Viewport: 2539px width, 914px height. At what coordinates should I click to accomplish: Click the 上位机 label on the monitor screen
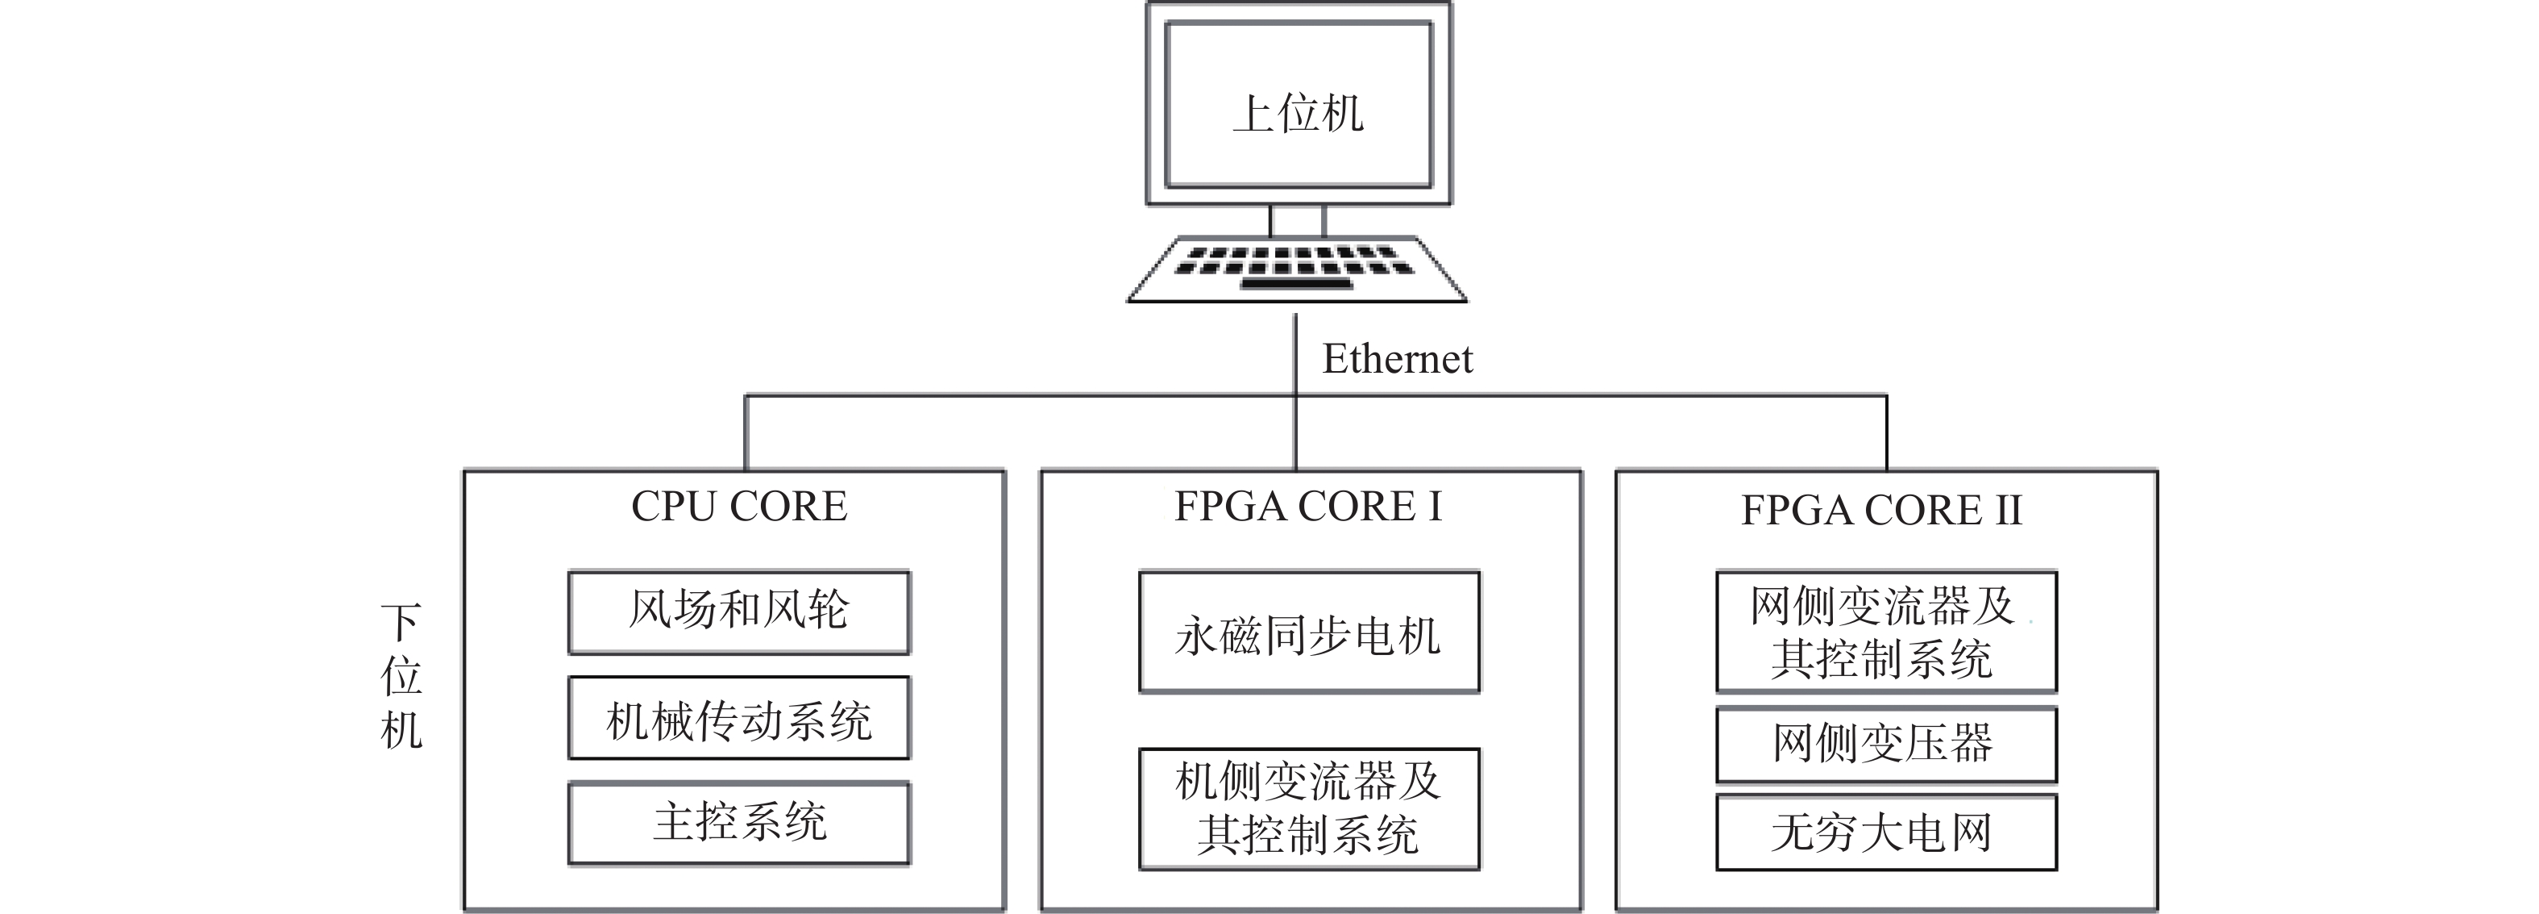[1298, 114]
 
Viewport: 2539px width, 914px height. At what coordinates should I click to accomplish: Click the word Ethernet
[1398, 359]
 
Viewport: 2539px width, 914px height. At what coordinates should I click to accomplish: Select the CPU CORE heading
[739, 507]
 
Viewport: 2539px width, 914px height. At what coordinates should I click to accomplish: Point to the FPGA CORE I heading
[1308, 507]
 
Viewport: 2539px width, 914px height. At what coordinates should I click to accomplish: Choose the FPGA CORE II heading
[1881, 511]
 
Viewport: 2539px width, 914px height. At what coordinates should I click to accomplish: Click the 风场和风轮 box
[739, 611]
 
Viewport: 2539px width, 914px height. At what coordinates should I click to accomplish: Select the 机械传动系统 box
[739, 718]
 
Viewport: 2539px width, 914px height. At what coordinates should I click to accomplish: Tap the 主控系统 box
[739, 824]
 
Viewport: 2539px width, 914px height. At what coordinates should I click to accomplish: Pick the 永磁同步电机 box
[1309, 631]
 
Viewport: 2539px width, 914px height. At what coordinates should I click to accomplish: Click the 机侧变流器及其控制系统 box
[1309, 808]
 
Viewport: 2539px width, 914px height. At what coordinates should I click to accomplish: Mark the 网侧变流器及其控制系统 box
[1886, 631]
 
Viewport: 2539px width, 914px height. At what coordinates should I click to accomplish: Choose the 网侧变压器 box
[1886, 745]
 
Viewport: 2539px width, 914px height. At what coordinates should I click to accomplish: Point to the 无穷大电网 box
[1886, 833]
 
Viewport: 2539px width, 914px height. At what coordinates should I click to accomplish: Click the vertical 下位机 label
[401, 676]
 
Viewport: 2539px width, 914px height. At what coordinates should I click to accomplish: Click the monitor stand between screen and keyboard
[1297, 221]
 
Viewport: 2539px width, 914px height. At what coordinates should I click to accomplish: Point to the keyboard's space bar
[1297, 285]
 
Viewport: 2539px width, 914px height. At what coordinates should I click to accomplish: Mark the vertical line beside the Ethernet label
[1296, 392]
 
